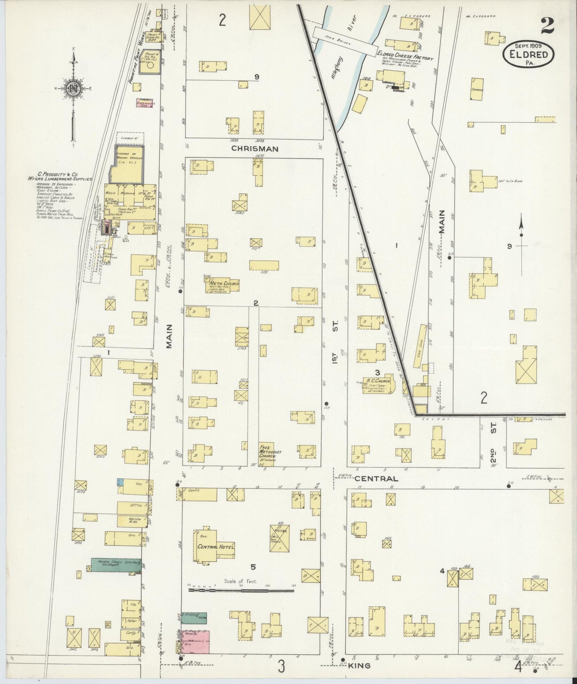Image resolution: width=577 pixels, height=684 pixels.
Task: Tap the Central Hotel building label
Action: [x=215, y=546]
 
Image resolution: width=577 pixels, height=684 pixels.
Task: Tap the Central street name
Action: [x=376, y=478]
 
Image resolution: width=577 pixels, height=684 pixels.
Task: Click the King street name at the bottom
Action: [x=362, y=666]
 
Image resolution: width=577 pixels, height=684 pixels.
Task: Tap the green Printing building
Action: [x=194, y=618]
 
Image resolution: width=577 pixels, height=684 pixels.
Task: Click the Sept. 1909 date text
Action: [x=528, y=46]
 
